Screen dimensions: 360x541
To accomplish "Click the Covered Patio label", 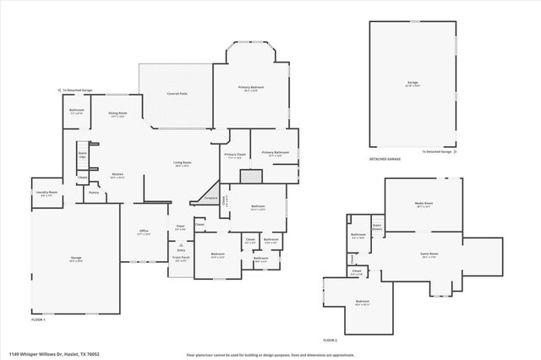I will point(177,94).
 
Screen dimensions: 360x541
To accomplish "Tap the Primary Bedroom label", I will point(250,88).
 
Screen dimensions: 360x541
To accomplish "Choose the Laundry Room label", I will point(46,194).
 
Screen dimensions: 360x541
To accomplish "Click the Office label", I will point(145,232).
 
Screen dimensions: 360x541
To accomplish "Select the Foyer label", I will point(180,226).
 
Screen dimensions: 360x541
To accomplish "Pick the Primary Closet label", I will point(234,155).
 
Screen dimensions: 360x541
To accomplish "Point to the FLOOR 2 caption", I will point(330,340).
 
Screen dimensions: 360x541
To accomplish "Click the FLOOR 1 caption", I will point(38,319).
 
